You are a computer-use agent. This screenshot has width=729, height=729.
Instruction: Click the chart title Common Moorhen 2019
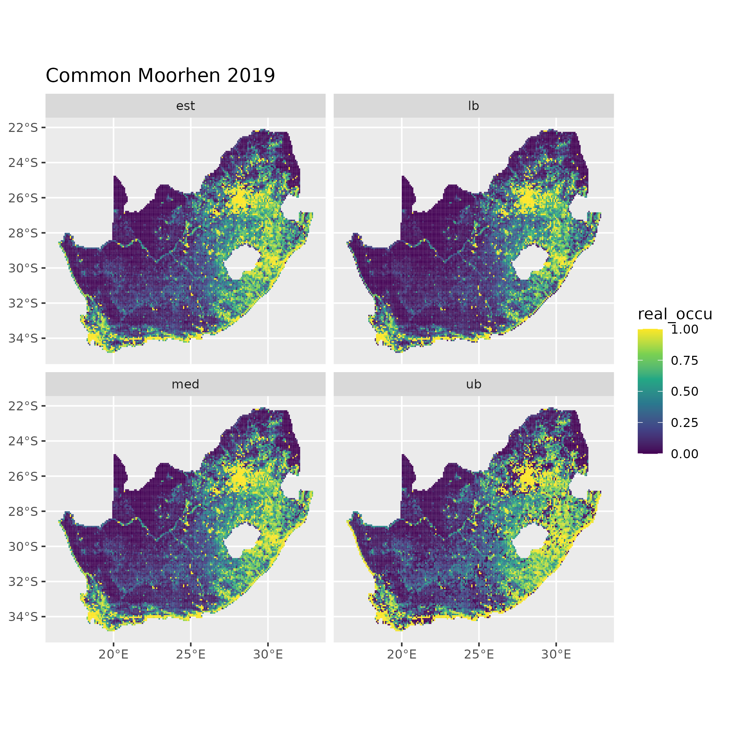click(160, 75)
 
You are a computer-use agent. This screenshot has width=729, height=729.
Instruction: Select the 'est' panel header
click(185, 106)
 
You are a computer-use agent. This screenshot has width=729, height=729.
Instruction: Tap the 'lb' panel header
click(473, 106)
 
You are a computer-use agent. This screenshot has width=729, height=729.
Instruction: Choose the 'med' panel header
click(185, 385)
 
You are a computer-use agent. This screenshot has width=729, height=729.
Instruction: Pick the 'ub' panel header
click(473, 385)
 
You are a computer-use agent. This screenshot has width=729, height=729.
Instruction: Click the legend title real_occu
click(674, 314)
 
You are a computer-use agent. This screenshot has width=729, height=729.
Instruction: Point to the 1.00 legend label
click(685, 329)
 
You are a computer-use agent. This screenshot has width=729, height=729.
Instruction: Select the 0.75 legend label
click(685, 361)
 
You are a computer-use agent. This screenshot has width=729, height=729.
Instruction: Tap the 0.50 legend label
click(685, 392)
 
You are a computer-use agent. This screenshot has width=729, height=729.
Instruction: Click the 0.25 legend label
click(685, 422)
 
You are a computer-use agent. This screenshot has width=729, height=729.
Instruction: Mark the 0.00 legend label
click(685, 454)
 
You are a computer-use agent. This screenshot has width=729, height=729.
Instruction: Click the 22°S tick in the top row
click(23, 128)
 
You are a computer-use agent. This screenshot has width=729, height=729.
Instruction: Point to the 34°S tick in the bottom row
click(23, 617)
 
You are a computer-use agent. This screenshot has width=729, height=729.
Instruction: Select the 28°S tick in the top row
click(23, 233)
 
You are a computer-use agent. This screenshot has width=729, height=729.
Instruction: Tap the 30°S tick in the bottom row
click(23, 546)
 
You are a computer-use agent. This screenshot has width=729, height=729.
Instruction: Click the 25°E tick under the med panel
click(191, 655)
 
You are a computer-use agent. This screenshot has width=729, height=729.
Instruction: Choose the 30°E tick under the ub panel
click(556, 655)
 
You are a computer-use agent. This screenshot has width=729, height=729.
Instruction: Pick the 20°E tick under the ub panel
click(402, 655)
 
